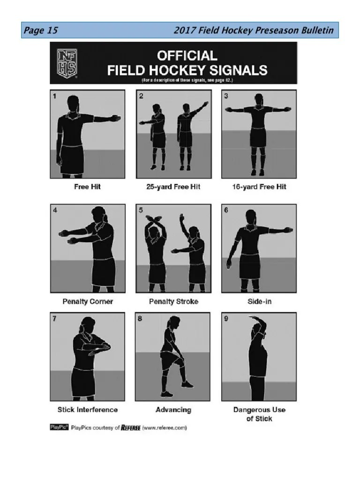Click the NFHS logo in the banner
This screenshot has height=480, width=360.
(x=67, y=62)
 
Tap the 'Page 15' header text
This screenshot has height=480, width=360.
(x=41, y=31)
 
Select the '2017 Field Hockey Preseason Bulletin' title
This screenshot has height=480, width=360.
(x=253, y=31)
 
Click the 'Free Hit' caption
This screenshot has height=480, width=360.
(x=87, y=187)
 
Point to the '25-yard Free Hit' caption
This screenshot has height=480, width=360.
(x=173, y=187)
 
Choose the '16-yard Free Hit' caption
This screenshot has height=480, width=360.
(x=259, y=187)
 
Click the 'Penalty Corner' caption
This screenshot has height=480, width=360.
(x=88, y=301)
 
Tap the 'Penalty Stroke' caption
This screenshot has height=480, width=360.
(x=173, y=301)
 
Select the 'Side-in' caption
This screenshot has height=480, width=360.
(x=259, y=301)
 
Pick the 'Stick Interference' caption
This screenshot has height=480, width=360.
(x=88, y=410)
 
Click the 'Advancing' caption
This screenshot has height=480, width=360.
(x=173, y=410)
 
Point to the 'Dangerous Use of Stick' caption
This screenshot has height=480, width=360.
(x=259, y=414)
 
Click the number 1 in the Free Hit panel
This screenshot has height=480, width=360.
(x=55, y=96)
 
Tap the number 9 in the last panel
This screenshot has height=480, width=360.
(x=226, y=319)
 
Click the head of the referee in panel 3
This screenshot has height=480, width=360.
(x=258, y=100)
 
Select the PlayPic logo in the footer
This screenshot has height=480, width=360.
(x=59, y=427)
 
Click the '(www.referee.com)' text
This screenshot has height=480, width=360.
(x=165, y=427)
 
